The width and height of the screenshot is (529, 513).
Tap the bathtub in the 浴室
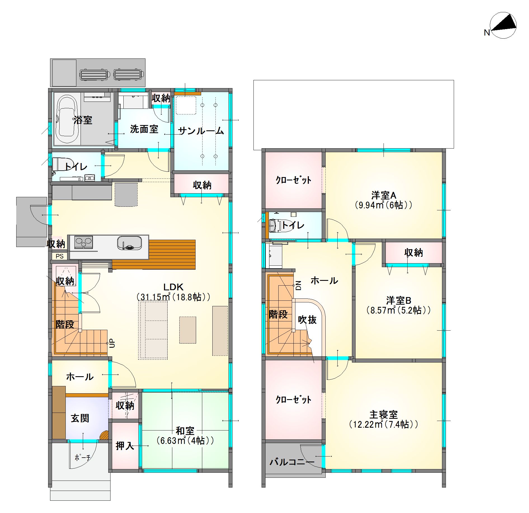point(67,119)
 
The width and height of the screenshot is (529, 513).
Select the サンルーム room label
point(201,131)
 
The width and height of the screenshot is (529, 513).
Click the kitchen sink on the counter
point(129,243)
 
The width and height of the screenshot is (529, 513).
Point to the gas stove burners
point(83,242)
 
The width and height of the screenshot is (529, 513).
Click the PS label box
point(60,256)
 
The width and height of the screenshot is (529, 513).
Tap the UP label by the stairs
point(112,343)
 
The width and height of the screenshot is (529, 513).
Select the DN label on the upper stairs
point(298,285)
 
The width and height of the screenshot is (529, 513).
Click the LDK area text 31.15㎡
point(154,297)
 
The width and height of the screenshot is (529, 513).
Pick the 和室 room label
point(185,430)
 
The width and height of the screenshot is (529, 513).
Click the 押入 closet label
point(125,446)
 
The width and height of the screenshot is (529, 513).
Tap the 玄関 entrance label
point(80,418)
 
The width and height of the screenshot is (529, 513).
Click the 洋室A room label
point(384,195)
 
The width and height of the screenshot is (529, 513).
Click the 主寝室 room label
point(384,415)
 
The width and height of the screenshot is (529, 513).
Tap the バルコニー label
point(292,462)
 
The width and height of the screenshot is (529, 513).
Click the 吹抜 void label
point(307,319)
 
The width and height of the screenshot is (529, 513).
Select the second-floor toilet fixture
point(275,225)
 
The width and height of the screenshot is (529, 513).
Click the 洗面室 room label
point(144,129)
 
